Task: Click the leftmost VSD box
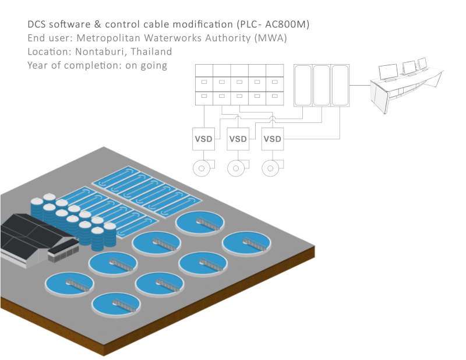204,139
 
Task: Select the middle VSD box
238,139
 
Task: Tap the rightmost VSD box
272,139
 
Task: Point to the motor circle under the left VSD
201,168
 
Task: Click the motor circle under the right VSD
269,168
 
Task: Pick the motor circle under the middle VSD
235,168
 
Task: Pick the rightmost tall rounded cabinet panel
340,85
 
